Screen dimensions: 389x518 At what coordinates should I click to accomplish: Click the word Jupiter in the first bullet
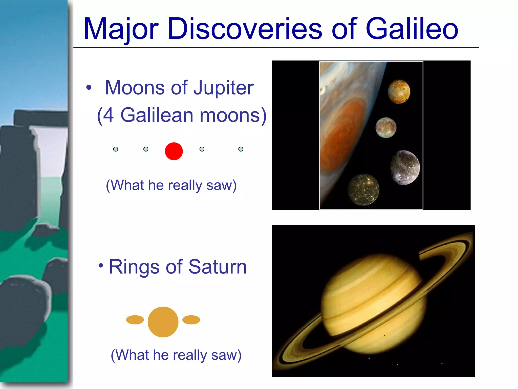pos(224,88)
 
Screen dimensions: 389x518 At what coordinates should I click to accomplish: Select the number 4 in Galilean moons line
pos(108,115)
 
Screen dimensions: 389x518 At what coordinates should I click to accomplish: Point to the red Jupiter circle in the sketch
pos(174,151)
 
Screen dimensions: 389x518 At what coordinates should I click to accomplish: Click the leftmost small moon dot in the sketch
pos(116,149)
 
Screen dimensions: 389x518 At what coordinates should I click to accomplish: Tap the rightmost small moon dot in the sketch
pos(241,149)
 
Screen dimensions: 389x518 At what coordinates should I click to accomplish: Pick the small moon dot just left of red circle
pos(146,149)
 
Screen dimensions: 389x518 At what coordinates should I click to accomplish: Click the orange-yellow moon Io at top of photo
pos(399,92)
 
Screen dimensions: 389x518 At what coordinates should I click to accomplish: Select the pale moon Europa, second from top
pos(386,128)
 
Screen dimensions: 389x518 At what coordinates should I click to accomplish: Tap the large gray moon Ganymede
pos(405,167)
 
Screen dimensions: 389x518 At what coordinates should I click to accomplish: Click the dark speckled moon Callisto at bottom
pos(363,189)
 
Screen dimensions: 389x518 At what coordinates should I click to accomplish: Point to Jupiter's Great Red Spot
pos(344,132)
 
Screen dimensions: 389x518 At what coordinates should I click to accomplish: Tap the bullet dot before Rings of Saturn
pos(101,266)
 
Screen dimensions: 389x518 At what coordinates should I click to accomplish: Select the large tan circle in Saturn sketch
pos(163,322)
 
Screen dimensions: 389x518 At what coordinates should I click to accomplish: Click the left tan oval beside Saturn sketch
pos(135,320)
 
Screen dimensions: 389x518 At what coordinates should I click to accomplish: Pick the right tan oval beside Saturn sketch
pos(191,320)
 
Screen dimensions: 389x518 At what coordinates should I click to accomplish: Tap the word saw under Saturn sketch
pos(226,355)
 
